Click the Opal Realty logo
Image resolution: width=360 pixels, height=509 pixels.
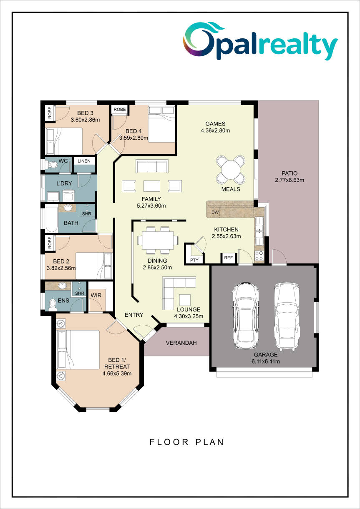pos(260,41)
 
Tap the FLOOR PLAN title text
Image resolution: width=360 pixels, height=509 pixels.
pos(187,442)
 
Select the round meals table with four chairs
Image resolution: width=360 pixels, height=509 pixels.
pos(231,170)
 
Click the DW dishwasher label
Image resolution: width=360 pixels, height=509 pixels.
pos(215,212)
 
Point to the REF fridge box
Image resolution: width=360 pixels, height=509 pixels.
pos(228,258)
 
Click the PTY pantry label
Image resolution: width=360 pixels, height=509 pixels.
pos(194,260)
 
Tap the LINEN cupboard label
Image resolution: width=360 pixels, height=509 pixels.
pos(84,161)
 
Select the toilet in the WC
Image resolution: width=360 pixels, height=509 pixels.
pos(51,164)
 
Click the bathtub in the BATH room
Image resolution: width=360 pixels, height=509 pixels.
pos(52,218)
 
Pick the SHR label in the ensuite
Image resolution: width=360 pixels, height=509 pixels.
pos(80,293)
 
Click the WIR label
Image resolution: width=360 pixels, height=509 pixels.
pos(96,296)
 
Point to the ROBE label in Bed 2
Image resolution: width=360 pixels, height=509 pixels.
pos(50,243)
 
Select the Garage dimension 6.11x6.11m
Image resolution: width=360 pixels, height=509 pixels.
pos(266,361)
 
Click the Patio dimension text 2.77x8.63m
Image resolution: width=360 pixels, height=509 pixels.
pos(290,180)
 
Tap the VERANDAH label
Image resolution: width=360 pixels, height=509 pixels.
pos(181,343)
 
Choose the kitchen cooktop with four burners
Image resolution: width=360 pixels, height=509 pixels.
pos(259,256)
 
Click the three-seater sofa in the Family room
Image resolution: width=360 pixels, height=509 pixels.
pos(152,166)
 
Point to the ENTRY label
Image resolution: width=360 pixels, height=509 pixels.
pos(134,315)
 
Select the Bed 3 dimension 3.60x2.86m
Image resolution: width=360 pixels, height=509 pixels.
pos(85,120)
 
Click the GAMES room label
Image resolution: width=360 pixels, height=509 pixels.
pos(215,124)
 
